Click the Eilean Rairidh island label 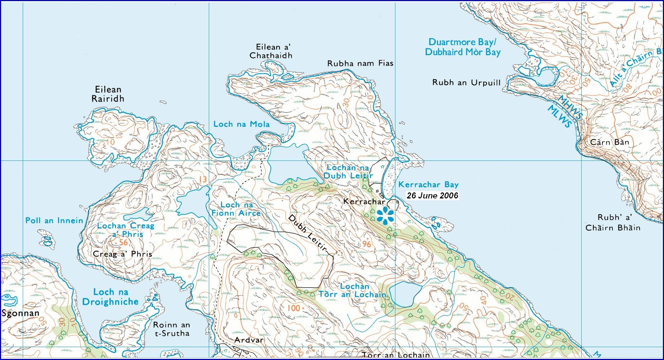(x=108, y=94)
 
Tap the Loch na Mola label (x=241, y=124)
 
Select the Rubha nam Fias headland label (x=360, y=63)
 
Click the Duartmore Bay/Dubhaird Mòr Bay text (x=462, y=47)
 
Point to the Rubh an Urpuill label (x=466, y=83)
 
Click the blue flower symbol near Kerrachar (x=385, y=215)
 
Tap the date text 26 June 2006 (x=432, y=196)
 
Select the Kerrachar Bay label (x=428, y=184)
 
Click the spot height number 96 (x=366, y=244)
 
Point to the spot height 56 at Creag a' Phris (x=123, y=243)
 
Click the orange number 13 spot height (x=203, y=179)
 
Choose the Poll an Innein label (x=54, y=221)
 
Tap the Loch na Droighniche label (x=110, y=297)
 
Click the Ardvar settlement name (x=249, y=340)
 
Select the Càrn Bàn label (x=609, y=142)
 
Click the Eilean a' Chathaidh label (x=271, y=51)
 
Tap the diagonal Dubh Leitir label (x=308, y=233)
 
